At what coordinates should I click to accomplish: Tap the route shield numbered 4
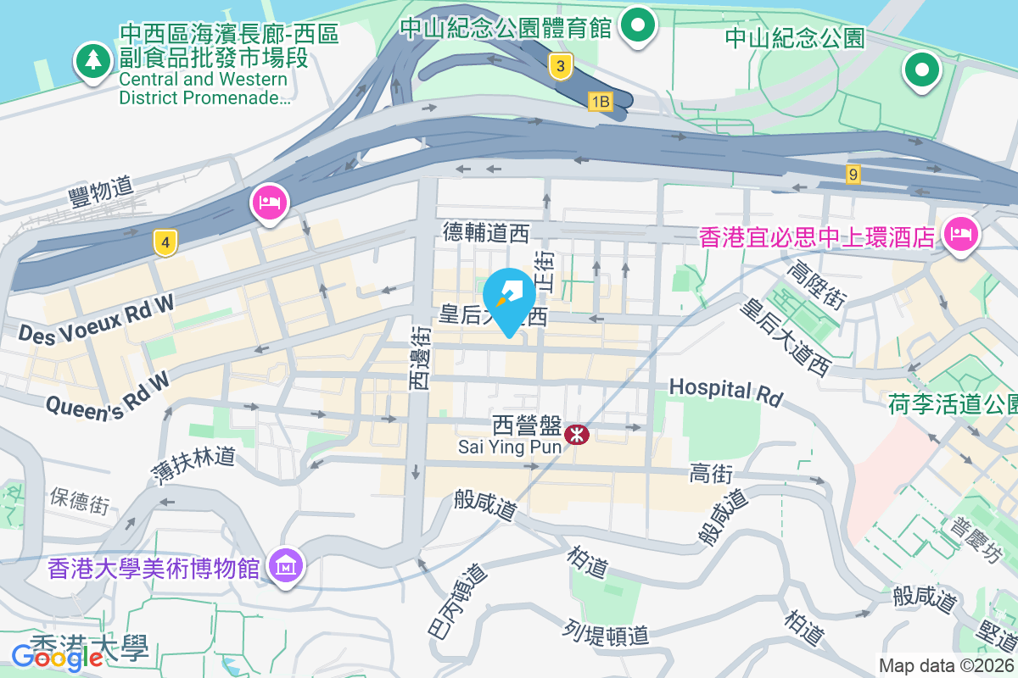(165, 243)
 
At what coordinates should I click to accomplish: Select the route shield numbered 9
(853, 175)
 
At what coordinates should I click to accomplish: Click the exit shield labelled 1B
(601, 102)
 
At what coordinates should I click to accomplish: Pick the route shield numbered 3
(558, 66)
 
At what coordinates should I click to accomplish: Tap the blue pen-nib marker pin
(509, 300)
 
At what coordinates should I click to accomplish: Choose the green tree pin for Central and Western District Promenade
(92, 61)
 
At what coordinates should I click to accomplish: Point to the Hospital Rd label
(724, 391)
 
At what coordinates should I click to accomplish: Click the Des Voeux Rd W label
(96, 318)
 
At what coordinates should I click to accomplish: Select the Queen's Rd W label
(109, 394)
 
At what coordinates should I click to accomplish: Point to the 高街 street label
(710, 475)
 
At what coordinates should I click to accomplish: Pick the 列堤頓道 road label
(606, 632)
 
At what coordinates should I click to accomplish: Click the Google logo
(57, 656)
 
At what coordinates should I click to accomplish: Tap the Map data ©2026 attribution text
(945, 666)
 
